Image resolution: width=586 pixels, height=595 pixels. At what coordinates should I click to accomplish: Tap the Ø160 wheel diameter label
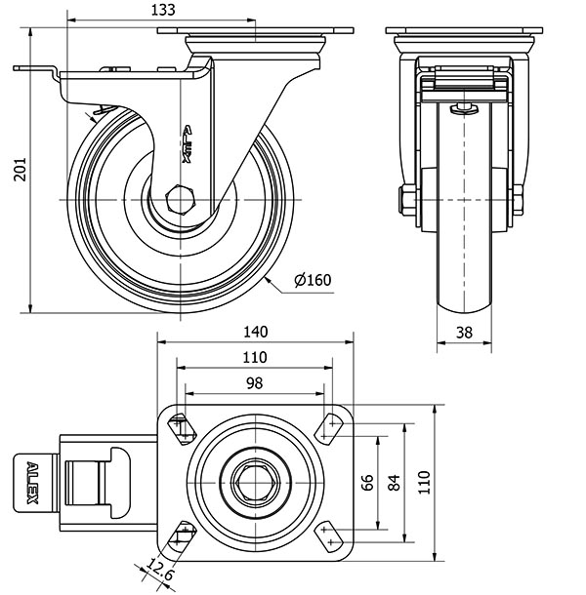tap(313, 281)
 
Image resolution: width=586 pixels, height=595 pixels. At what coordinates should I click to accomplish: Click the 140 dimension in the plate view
tap(254, 332)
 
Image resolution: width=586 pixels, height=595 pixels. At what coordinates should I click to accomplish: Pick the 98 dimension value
tap(254, 383)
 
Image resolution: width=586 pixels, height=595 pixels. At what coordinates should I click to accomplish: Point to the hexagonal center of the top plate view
tap(254, 481)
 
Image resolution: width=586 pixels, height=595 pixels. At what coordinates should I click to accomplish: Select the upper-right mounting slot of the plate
tap(333, 426)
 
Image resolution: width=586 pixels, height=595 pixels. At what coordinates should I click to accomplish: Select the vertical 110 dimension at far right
tap(425, 481)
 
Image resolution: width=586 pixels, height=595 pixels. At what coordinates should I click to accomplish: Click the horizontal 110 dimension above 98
tap(254, 358)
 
